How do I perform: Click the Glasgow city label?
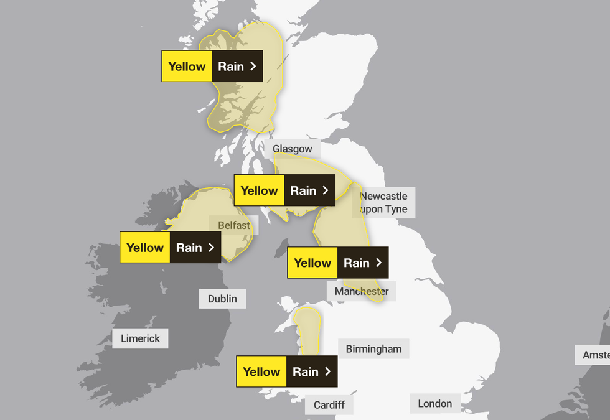(293, 149)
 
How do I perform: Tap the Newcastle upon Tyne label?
(383, 203)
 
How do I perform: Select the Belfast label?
(234, 225)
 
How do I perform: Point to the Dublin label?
(222, 299)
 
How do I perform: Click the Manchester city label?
(362, 291)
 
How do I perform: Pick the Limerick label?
(140, 338)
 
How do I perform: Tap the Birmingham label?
(373, 349)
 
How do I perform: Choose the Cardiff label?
(329, 405)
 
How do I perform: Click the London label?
(434, 404)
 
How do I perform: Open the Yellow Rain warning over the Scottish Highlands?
(212, 67)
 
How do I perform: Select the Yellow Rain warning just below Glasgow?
(284, 190)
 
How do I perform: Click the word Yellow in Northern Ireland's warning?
(145, 248)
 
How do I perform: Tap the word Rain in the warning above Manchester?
(357, 263)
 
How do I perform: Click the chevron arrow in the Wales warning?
(327, 371)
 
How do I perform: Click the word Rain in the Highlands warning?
(231, 67)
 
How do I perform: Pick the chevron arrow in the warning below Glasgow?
(326, 190)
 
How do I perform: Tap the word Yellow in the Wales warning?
(261, 371)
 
